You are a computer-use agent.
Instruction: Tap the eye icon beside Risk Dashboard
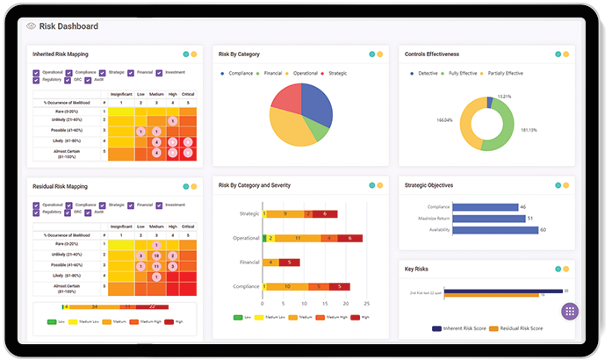pyautogui.click(x=32, y=26)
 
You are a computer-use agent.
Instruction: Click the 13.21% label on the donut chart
pyautogui.click(x=505, y=96)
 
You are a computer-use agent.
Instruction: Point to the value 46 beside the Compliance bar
pyautogui.click(x=523, y=206)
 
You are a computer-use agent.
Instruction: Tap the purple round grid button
pyautogui.click(x=570, y=312)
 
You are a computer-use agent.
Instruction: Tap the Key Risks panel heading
pyautogui.click(x=417, y=269)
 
